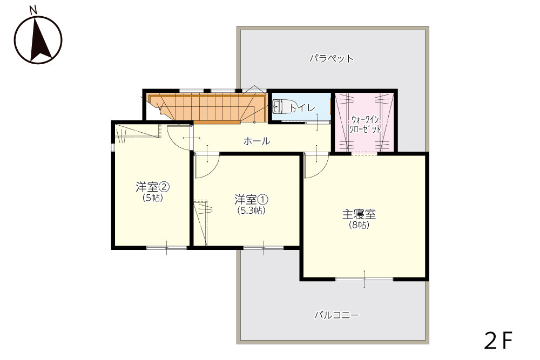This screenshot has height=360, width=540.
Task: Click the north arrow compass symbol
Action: [38, 40]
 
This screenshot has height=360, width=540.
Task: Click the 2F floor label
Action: [498, 341]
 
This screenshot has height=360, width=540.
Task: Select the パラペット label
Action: [332, 58]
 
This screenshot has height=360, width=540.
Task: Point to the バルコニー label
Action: [336, 315]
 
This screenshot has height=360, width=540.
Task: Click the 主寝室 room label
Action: [359, 214]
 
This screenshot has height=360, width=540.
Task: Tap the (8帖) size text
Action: [359, 225]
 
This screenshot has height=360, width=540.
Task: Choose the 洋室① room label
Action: [251, 200]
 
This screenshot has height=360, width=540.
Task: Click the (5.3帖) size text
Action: [252, 210]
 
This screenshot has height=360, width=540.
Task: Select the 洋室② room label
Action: [152, 187]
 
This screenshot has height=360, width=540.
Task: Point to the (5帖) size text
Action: [153, 198]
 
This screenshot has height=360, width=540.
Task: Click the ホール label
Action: [256, 141]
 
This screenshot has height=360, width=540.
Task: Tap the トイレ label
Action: [302, 108]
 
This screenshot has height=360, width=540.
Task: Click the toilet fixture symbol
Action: [281, 106]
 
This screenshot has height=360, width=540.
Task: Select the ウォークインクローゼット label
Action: [365, 124]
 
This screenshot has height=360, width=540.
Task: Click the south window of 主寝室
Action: [364, 279]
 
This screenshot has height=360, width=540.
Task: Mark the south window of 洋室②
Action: [167, 247]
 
